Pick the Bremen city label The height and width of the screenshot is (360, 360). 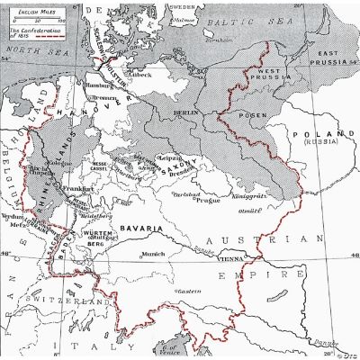[105, 95]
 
